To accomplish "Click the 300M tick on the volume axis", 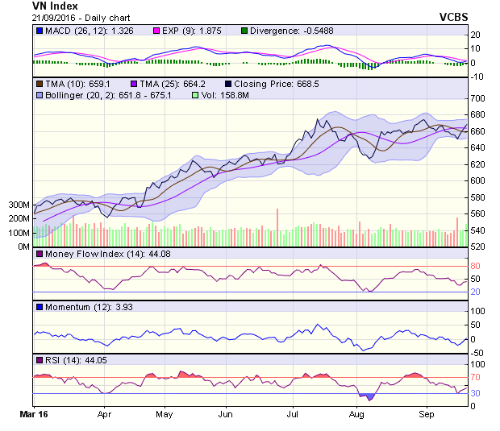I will [x=18, y=205].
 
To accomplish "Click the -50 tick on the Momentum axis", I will [x=478, y=352].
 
